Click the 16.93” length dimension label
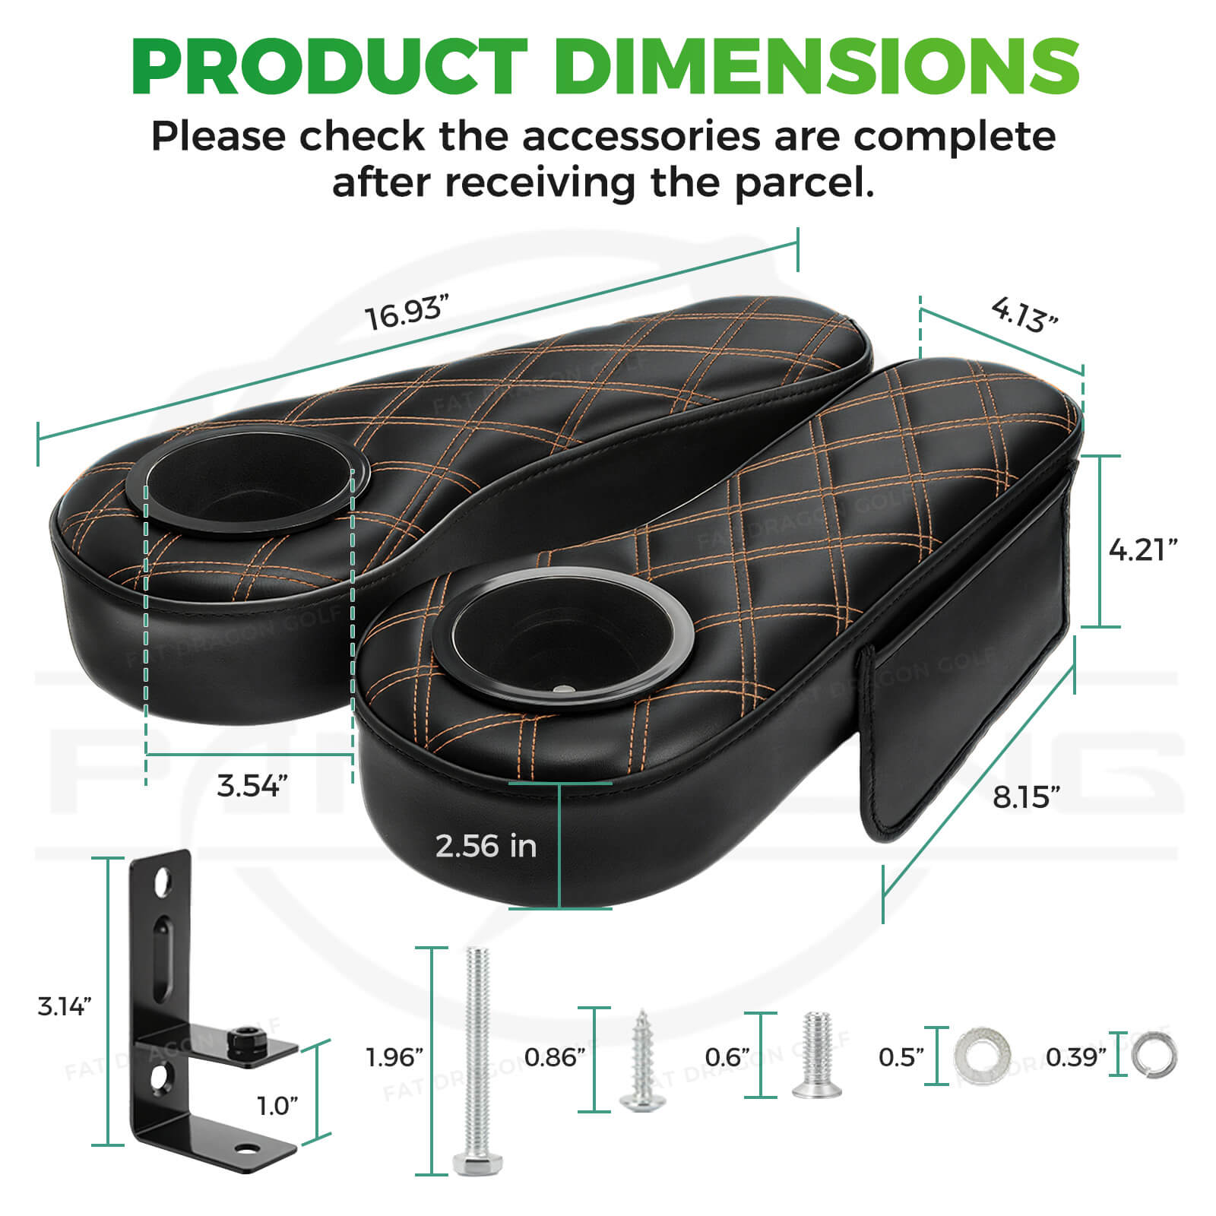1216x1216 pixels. (406, 313)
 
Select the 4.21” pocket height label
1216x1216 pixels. (1142, 549)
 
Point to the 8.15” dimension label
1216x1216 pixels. (1025, 797)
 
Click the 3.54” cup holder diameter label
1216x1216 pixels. (252, 785)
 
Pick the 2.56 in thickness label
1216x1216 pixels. (486, 846)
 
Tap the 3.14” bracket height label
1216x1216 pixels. (65, 1006)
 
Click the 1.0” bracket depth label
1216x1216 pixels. (277, 1106)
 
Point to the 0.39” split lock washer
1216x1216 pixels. (1154, 1056)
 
